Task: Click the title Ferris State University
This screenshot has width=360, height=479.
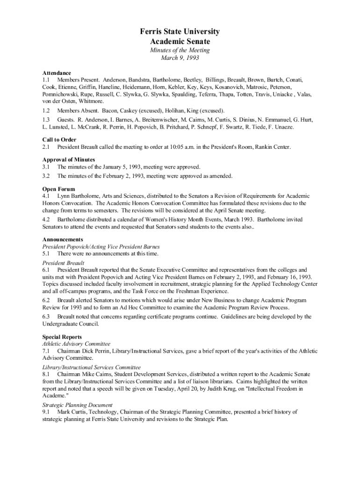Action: coord(180,32)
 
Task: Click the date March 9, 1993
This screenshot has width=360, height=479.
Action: coord(180,58)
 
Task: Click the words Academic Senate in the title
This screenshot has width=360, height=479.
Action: coord(180,42)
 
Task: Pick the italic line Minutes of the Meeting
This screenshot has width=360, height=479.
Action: coord(180,51)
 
